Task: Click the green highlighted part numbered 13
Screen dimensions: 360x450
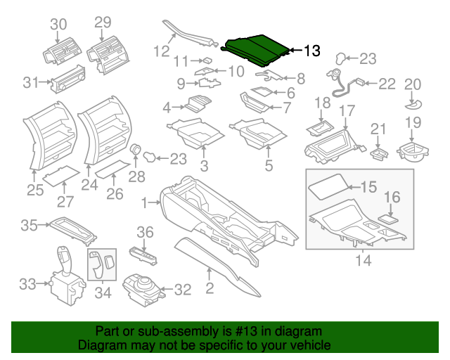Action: tap(255, 47)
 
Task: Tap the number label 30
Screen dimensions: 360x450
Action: tap(58, 24)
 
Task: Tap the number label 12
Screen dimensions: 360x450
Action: tap(162, 51)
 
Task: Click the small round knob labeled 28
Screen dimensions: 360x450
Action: tap(136, 150)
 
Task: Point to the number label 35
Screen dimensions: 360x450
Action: tap(29, 226)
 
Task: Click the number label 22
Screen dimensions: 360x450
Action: tap(387, 84)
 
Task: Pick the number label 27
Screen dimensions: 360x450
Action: tap(65, 202)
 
